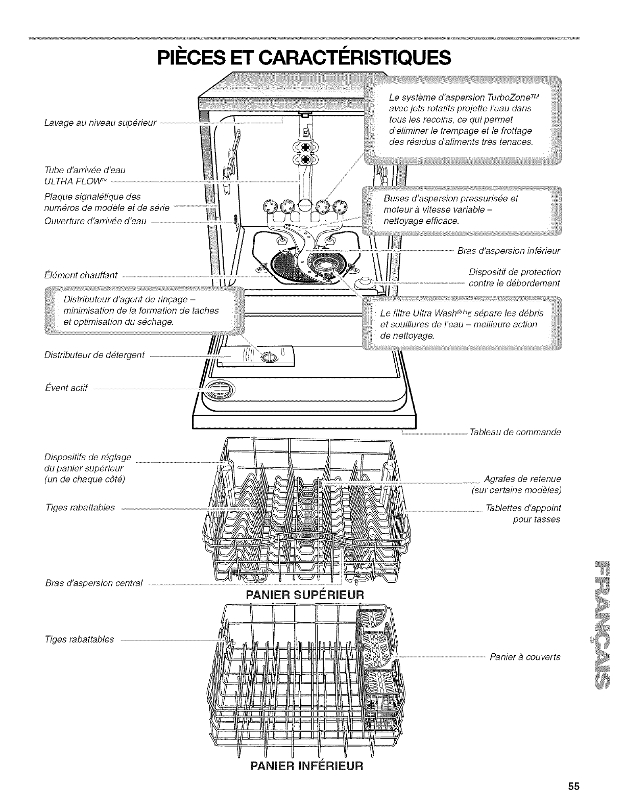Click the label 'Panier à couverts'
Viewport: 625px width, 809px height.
pyautogui.click(x=525, y=657)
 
